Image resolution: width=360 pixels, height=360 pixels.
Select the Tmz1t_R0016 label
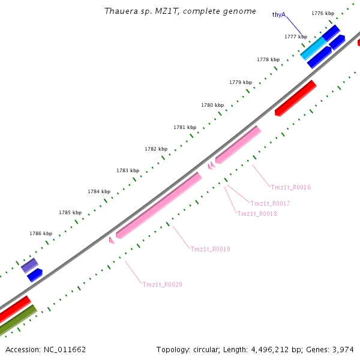[x=290, y=187]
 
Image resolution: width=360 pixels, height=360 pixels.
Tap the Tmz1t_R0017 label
[x=270, y=203]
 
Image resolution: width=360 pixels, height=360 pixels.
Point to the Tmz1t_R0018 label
[x=257, y=214]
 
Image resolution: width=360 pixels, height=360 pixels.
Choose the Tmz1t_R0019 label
[x=210, y=249]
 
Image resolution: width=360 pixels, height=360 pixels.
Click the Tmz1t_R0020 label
[x=162, y=284]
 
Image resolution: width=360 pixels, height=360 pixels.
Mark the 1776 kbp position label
[x=323, y=13]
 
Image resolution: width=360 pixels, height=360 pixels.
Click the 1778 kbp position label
[x=268, y=59]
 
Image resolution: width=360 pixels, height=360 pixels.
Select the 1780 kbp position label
[x=212, y=105]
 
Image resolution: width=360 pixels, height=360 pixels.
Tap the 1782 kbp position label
[x=156, y=149]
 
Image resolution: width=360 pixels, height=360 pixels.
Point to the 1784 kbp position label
[x=99, y=191]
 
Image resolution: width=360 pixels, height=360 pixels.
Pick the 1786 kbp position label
[x=41, y=233]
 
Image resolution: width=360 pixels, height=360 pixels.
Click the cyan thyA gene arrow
[x=313, y=47]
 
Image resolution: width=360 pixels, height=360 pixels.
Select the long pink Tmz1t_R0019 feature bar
[x=159, y=205]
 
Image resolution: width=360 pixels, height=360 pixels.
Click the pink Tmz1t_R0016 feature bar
[x=238, y=145]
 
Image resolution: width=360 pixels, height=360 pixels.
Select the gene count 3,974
[x=343, y=349]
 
